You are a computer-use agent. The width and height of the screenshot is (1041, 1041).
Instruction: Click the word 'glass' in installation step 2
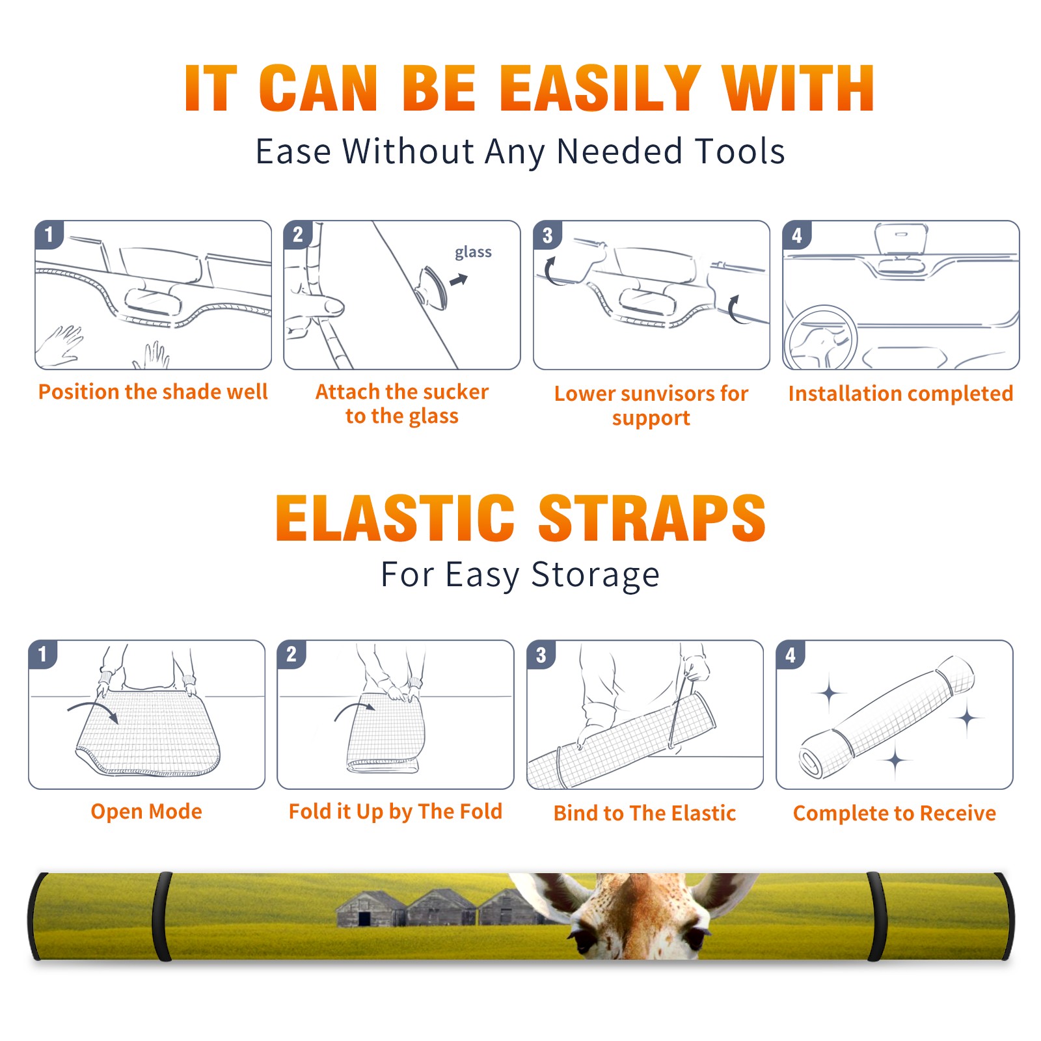[x=473, y=252]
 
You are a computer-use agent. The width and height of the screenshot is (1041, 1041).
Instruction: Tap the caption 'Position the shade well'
[x=153, y=392]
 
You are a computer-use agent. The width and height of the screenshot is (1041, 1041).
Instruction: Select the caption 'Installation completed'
[x=900, y=394]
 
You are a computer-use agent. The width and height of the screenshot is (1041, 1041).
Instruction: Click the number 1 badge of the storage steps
[x=43, y=654]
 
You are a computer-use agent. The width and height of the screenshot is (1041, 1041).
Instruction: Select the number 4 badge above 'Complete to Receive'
[x=791, y=655]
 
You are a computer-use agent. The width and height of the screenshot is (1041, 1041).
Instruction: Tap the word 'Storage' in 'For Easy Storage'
[x=595, y=575]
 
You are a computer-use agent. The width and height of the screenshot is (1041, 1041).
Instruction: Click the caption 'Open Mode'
[x=146, y=811]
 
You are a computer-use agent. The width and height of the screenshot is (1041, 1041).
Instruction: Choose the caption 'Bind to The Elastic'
[x=645, y=813]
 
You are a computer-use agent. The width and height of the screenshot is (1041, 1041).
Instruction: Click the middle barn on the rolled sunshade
[x=443, y=908]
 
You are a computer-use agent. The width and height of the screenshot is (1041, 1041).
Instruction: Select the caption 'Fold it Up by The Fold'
[x=396, y=811]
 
